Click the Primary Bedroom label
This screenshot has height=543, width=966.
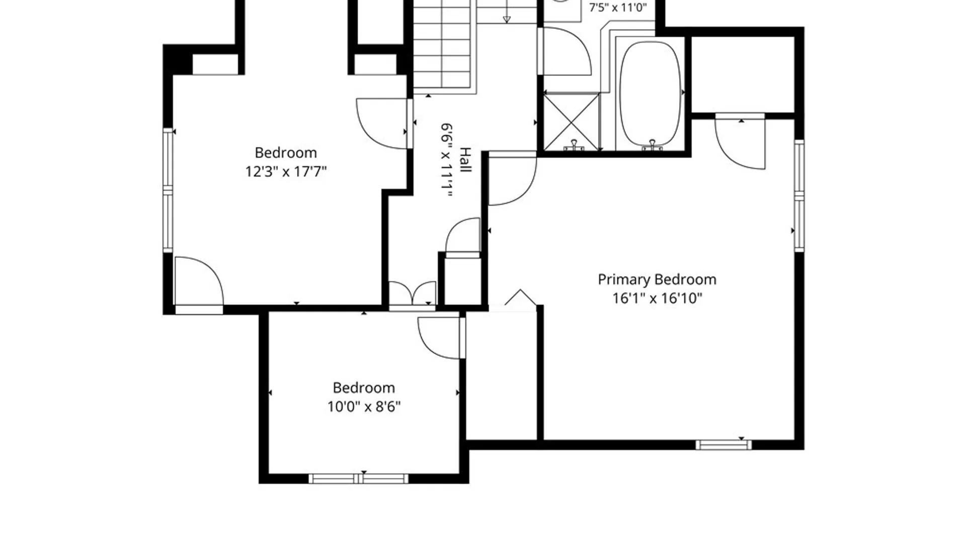coord(657,280)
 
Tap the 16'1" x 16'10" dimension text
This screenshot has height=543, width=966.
coord(657,298)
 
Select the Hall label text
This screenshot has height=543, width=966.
coord(466,160)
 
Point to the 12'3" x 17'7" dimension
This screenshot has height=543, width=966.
coord(286,171)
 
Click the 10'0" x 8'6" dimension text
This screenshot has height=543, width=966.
coord(364,406)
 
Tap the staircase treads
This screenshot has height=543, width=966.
coord(445,47)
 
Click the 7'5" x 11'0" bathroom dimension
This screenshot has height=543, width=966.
coord(618,8)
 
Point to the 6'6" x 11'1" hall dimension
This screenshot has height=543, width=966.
coord(447,160)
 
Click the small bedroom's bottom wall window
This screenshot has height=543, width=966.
coord(358,478)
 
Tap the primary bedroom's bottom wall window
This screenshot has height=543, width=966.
coord(723,445)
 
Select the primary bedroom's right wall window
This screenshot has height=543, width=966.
coord(799,196)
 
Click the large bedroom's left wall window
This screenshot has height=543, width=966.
coord(168,190)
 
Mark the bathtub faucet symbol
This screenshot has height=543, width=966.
coord(652,145)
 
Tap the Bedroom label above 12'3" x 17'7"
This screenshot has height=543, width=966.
coord(286,152)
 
